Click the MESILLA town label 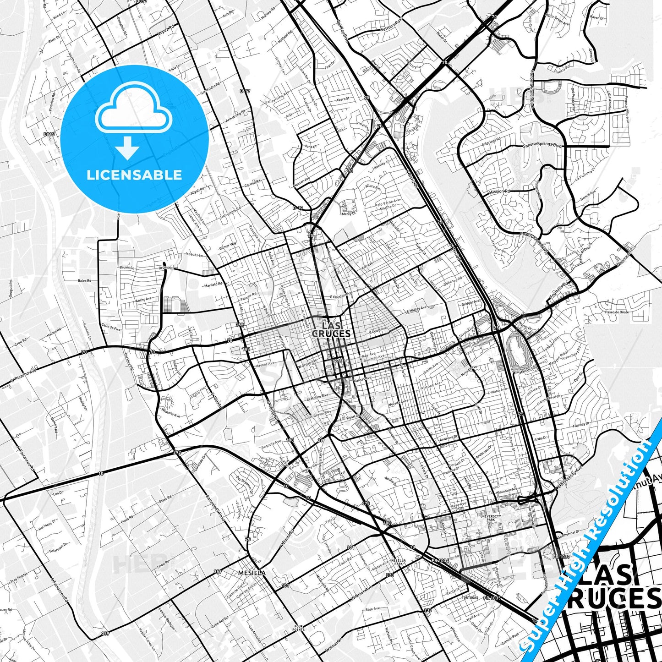click(x=252, y=573)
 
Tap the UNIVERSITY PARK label click(x=491, y=518)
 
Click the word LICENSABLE click(x=134, y=175)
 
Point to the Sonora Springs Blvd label click(x=542, y=146)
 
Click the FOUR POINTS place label click(x=298, y=628)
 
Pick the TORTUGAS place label click(x=470, y=598)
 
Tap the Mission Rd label click(x=499, y=191)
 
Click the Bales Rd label click(x=85, y=280)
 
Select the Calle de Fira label click(x=111, y=328)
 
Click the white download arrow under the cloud click(x=127, y=148)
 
